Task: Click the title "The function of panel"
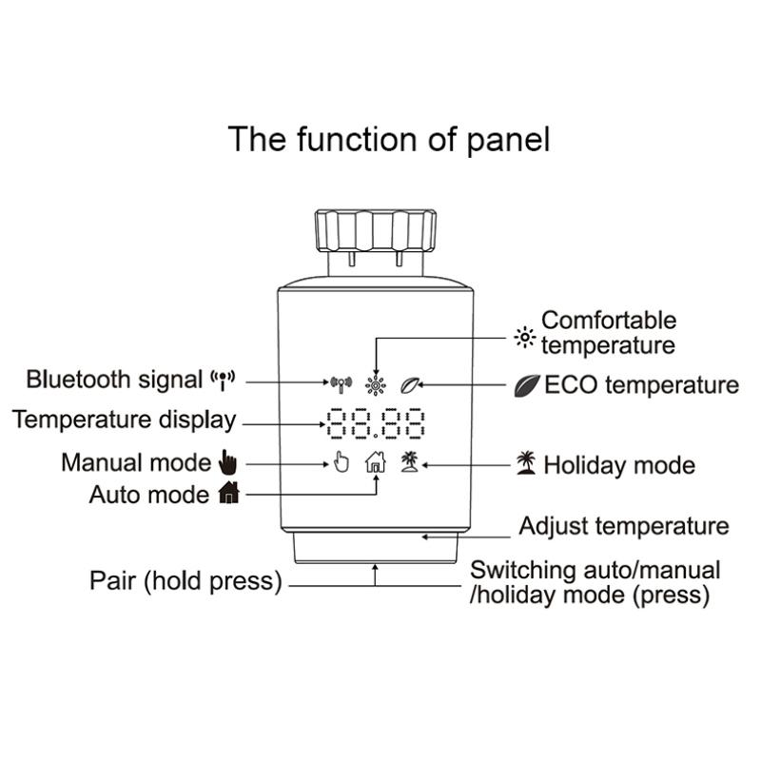388,139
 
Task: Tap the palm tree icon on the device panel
410,462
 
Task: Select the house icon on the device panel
376,462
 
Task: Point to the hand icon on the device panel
342,462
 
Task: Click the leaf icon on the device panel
410,385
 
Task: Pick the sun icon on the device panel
376,385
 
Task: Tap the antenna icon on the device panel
341,385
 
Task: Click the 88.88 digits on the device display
375,423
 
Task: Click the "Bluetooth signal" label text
115,380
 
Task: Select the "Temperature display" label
124,420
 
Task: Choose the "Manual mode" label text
135,462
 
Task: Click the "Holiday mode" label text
619,465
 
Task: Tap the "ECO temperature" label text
641,385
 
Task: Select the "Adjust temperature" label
624,526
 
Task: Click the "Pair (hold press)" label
185,581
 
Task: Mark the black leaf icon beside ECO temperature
526,385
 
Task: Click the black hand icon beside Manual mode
226,462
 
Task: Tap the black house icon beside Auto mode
228,493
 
